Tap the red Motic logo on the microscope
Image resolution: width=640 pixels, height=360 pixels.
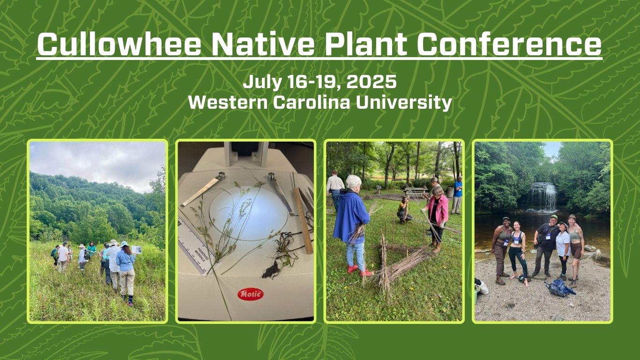pyautogui.click(x=250, y=294)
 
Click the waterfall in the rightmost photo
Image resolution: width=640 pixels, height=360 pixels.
pyautogui.click(x=543, y=197)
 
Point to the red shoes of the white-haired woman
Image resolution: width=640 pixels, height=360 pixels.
pyautogui.click(x=358, y=270)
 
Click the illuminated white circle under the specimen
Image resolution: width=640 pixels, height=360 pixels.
pyautogui.click(x=248, y=213)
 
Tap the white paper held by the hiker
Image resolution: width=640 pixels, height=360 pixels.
pyautogui.click(x=136, y=249)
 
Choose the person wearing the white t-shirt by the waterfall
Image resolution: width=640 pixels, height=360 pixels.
pyautogui.click(x=563, y=243)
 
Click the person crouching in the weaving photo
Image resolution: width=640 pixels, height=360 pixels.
pyautogui.click(x=403, y=210)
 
